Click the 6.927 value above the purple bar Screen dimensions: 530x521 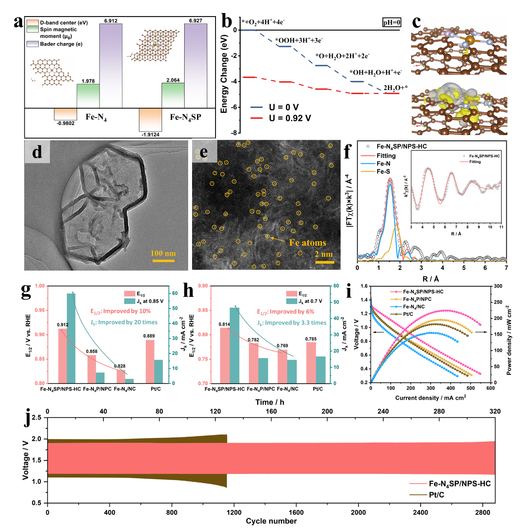tap(196, 20)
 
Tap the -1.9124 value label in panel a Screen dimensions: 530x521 tap(150, 135)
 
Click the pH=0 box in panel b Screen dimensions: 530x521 tap(392, 23)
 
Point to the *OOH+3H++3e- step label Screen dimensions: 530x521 tap(299, 40)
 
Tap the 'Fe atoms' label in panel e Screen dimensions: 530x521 tap(307, 243)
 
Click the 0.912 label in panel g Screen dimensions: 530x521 tap(63, 325)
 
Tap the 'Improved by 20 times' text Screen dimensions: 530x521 tap(124, 322)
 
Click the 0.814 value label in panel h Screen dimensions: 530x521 tap(224, 325)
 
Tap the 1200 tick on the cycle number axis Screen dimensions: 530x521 tap(234, 512)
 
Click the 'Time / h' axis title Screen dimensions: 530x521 tap(269, 402)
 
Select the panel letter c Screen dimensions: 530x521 tap(416, 22)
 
